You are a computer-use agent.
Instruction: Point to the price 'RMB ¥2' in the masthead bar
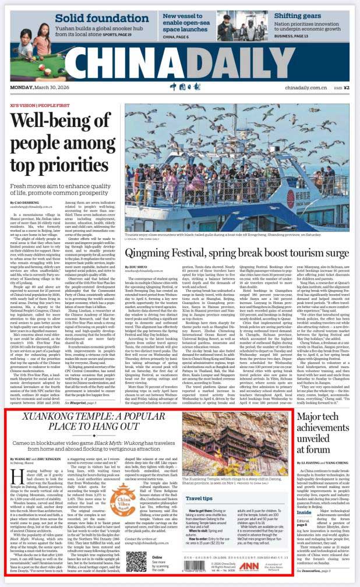[341, 87]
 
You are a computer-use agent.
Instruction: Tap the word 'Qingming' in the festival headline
[158, 237]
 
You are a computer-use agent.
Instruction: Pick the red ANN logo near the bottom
[248, 569]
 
